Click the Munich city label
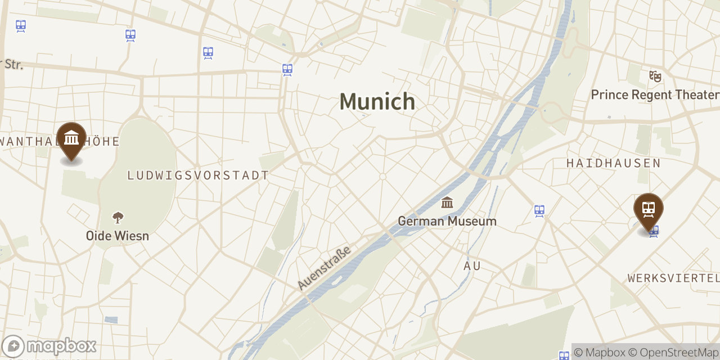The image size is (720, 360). coord(377,102)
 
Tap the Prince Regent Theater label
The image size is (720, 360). coord(655,94)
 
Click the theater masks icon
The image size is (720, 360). coord(655,76)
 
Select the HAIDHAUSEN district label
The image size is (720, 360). coord(613,163)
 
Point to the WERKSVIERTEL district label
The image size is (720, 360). coord(673,278)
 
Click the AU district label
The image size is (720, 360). coord(472,265)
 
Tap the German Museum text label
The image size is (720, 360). coord(447,221)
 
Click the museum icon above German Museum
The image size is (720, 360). coord(447,202)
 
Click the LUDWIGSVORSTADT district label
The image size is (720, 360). coord(198,175)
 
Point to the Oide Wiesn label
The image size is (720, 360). coord(118,236)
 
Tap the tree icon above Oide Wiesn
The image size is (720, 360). coord(118,217)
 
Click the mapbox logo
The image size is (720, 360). coord(49,346)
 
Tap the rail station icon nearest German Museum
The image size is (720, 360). coord(539,211)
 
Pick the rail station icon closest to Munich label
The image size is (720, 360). coord(287,70)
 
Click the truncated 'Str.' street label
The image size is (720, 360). coord(12,64)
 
